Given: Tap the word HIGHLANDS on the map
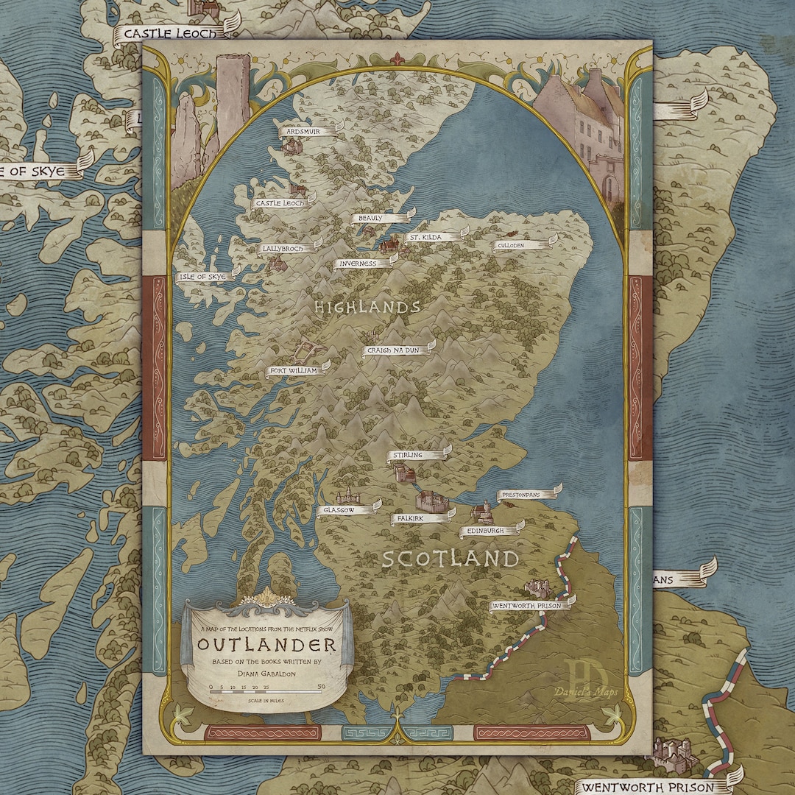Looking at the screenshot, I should click(x=367, y=307).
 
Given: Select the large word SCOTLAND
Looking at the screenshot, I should click(x=450, y=559).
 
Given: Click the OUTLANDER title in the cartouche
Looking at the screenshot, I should click(x=266, y=646).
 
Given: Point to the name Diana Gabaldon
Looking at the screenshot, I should click(x=266, y=671).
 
